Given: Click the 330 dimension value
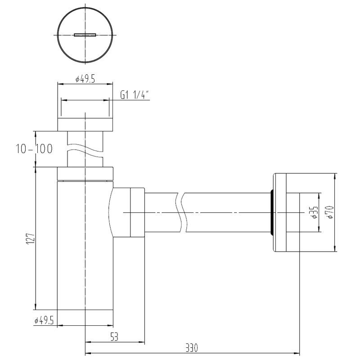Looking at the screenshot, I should tap(191, 348).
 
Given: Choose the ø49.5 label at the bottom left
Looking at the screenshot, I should tap(44, 320).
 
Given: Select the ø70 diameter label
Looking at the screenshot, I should tap(330, 212).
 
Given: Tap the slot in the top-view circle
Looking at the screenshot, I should tap(85, 35).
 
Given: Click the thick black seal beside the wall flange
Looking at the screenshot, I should tap(271, 212).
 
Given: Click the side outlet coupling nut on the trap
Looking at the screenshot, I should tap(137, 212).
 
